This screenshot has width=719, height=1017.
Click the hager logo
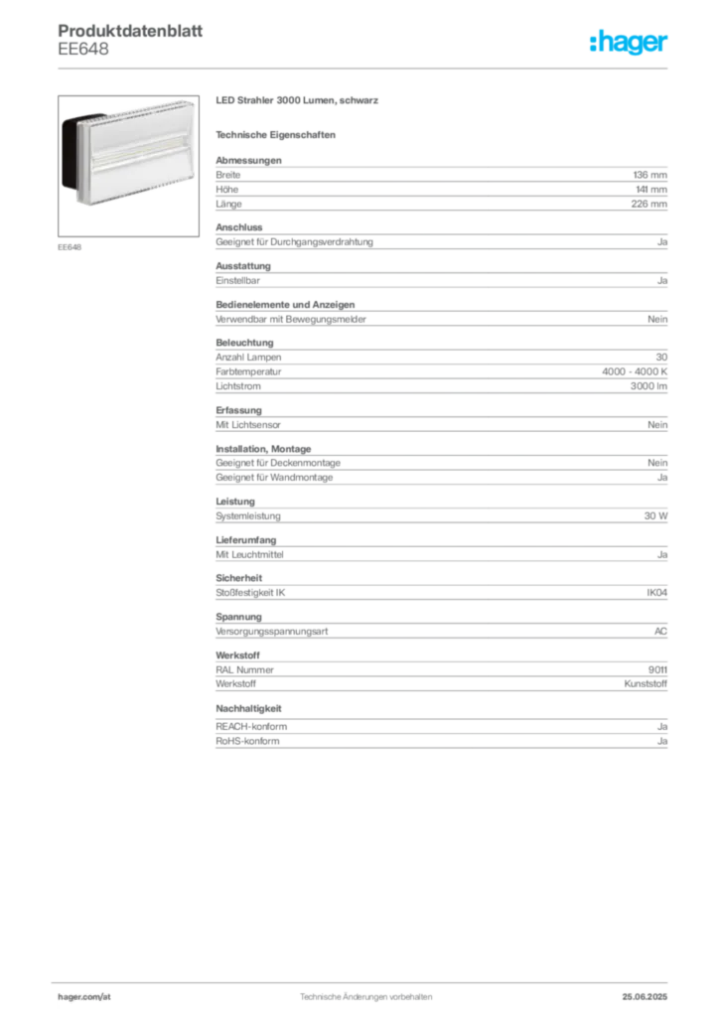pyautogui.click(x=628, y=43)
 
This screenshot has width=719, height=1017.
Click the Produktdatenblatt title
pyautogui.click(x=130, y=31)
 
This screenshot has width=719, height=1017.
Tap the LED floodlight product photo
pyautogui.click(x=128, y=166)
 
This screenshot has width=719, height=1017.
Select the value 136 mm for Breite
pyautogui.click(x=649, y=175)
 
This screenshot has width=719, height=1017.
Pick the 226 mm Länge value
pyautogui.click(x=648, y=204)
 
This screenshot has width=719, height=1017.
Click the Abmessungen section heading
pyautogui.click(x=248, y=160)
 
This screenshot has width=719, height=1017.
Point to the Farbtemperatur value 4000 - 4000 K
pyautogui.click(x=634, y=371)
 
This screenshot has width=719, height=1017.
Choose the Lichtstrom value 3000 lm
pyautogui.click(x=648, y=386)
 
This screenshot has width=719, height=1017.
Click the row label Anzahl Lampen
pyautogui.click(x=248, y=358)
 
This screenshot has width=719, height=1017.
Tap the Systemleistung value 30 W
pyautogui.click(x=655, y=516)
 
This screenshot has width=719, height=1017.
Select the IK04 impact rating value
pyautogui.click(x=656, y=593)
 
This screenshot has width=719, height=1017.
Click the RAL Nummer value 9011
pyautogui.click(x=657, y=670)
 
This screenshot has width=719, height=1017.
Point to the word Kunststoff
pyautogui.click(x=646, y=683)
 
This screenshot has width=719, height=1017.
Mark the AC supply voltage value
pyautogui.click(x=660, y=631)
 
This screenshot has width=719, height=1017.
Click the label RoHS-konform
pyautogui.click(x=247, y=741)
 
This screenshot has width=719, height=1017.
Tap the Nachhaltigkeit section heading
pyautogui.click(x=248, y=709)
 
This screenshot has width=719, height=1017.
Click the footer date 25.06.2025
pyautogui.click(x=645, y=997)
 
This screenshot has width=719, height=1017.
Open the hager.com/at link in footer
pyautogui.click(x=84, y=997)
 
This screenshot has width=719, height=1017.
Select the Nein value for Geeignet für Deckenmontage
pyautogui.click(x=657, y=463)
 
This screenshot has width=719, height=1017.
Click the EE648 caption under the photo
pyautogui.click(x=70, y=247)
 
